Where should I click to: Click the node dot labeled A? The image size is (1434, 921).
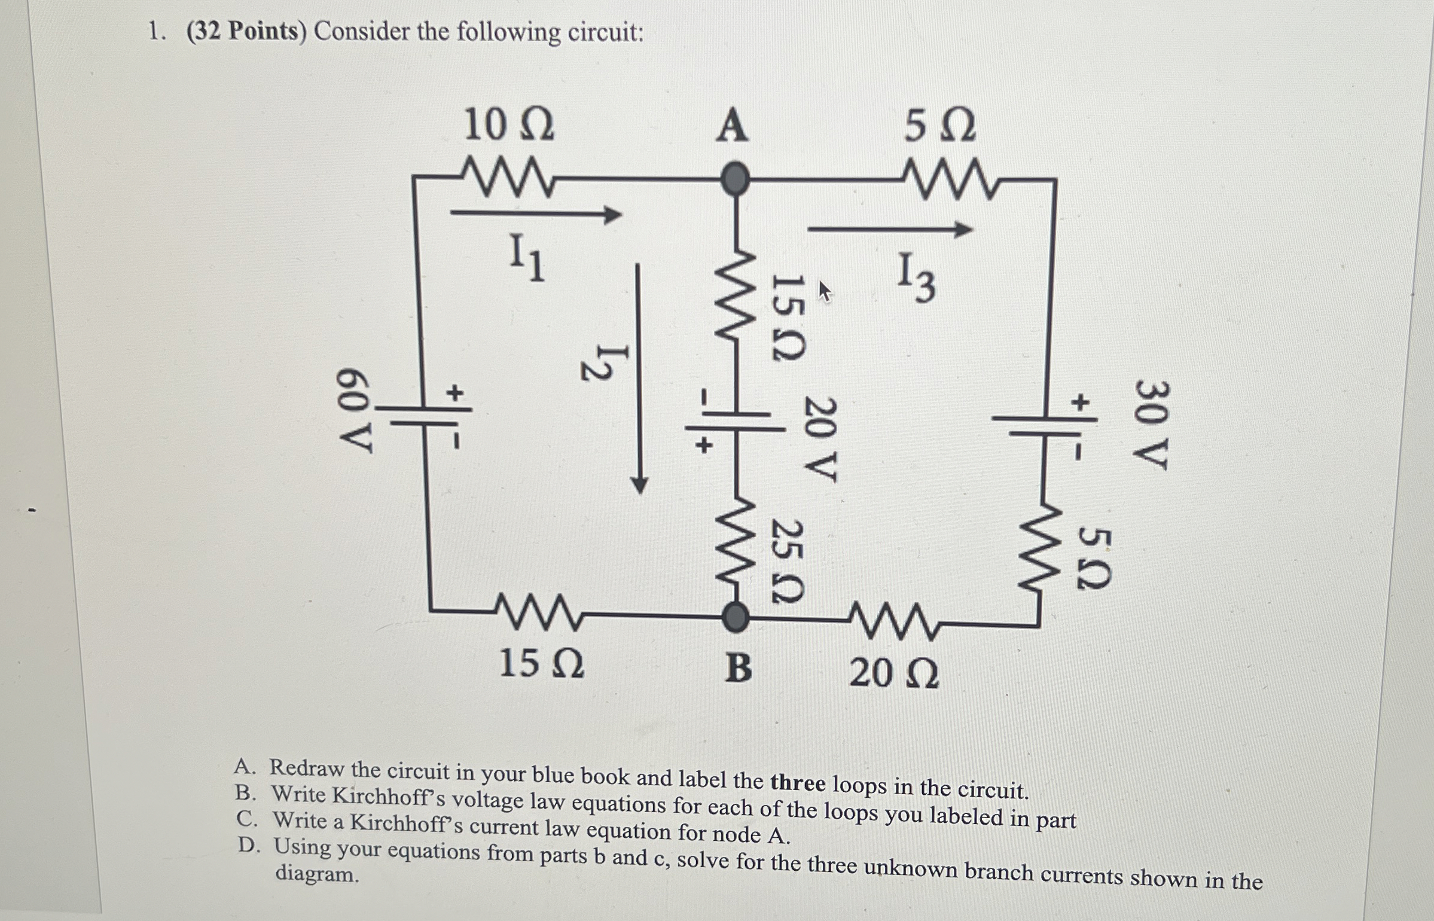[x=734, y=178]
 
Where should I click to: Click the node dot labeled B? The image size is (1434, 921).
[x=735, y=617]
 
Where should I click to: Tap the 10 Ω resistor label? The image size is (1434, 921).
[x=509, y=126]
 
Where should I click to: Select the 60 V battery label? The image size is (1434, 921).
[x=355, y=411]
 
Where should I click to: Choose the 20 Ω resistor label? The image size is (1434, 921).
[x=894, y=674]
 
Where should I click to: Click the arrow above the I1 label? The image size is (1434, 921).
[x=535, y=214]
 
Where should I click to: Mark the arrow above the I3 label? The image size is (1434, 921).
[x=890, y=228]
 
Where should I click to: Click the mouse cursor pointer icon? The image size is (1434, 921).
[x=825, y=291]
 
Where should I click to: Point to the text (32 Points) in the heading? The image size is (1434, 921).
[x=246, y=31]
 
